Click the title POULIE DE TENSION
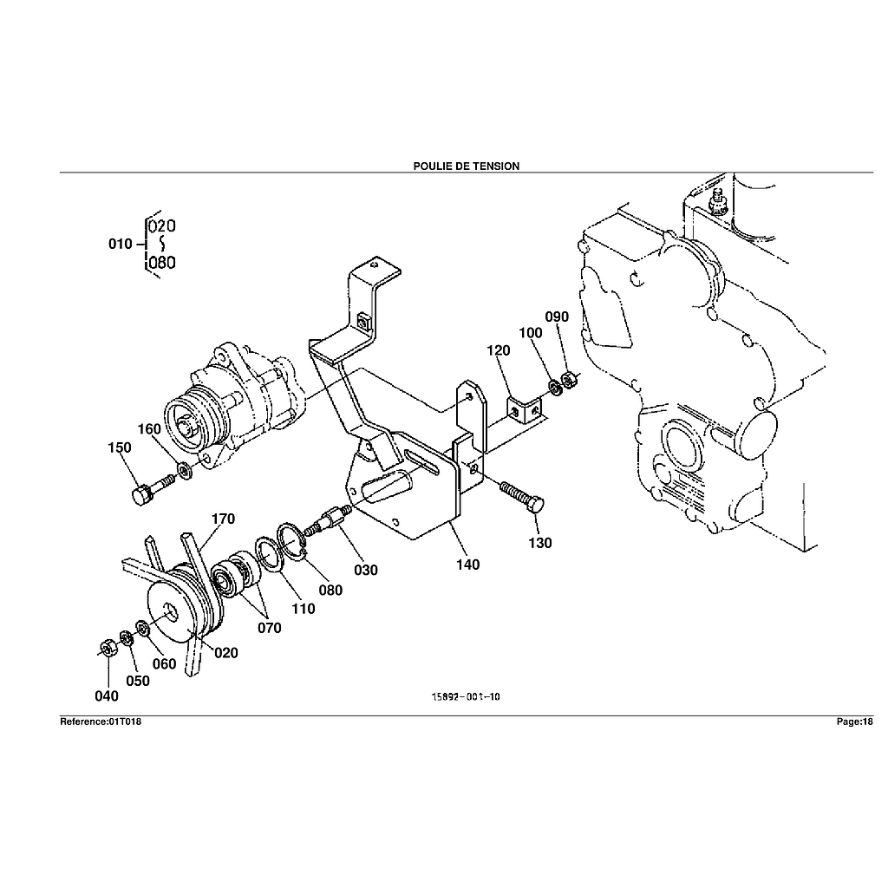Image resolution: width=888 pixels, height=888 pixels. pyautogui.click(x=467, y=166)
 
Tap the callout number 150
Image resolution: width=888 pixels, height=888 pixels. pyautogui.click(x=120, y=447)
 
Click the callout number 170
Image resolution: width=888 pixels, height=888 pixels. pyautogui.click(x=223, y=519)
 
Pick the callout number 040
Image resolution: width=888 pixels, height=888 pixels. pyautogui.click(x=107, y=695)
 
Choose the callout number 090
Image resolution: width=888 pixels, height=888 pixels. pyautogui.click(x=557, y=317)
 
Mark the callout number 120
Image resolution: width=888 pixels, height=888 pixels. pyautogui.click(x=499, y=350)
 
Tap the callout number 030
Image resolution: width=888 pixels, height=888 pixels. pyautogui.click(x=366, y=570)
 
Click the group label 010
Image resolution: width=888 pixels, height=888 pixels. pyautogui.click(x=120, y=244)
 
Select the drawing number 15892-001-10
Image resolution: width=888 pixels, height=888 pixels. pyautogui.click(x=467, y=695)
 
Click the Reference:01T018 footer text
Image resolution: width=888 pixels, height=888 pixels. pyautogui.click(x=101, y=721)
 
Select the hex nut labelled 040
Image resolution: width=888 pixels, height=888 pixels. pyautogui.click(x=104, y=647)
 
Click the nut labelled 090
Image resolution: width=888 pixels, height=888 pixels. pyautogui.click(x=569, y=380)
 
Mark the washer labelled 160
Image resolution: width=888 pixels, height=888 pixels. pyautogui.click(x=185, y=471)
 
